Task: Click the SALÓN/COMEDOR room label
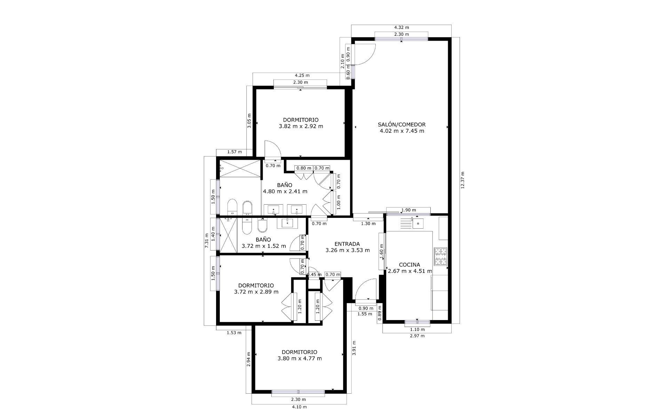402,124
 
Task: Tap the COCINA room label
409,265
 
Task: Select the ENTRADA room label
347,244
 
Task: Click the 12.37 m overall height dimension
462,180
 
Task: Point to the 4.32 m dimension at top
401,27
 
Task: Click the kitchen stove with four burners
440,256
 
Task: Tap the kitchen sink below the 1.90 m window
417,222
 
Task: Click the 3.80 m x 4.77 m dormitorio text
300,358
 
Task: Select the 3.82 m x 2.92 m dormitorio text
301,126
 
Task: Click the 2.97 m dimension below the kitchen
417,336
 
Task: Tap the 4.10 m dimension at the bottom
299,407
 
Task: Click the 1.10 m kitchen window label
417,329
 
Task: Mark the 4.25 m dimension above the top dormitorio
302,75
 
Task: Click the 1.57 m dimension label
234,152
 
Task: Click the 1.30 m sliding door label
368,223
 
